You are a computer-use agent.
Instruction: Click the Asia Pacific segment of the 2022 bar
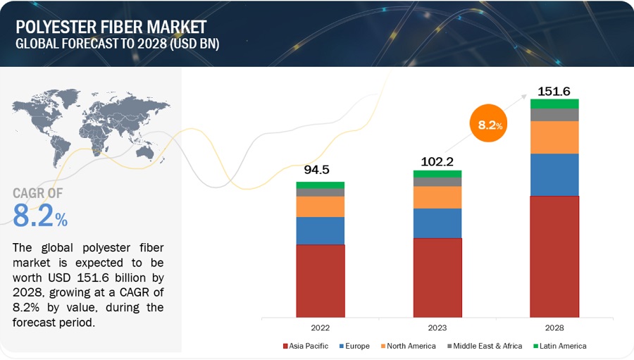click(x=320, y=280)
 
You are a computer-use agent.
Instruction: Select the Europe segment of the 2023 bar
click(x=437, y=223)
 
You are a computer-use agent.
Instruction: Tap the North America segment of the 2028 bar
click(x=554, y=137)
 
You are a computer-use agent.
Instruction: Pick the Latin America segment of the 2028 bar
click(x=554, y=104)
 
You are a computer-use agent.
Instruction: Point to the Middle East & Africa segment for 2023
click(x=437, y=182)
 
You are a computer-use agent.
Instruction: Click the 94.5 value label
click(x=316, y=170)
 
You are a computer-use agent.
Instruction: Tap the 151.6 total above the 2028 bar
click(x=553, y=90)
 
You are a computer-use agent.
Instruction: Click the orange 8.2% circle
click(x=489, y=125)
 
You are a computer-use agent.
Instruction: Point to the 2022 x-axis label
click(x=320, y=328)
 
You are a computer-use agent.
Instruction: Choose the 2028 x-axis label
click(x=554, y=328)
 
